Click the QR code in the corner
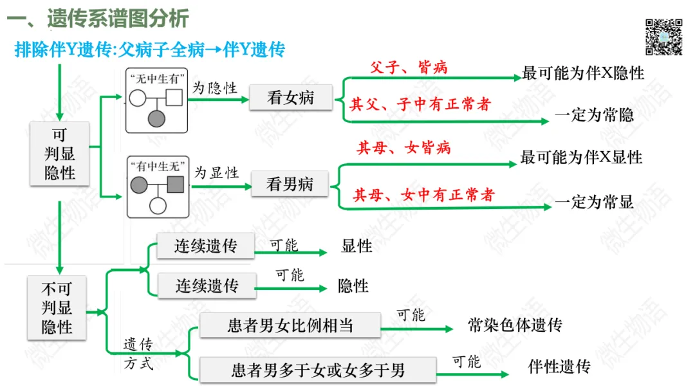click(663, 37)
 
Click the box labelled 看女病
click(290, 98)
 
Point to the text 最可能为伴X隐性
click(583, 73)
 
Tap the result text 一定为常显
click(594, 202)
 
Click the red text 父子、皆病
click(409, 68)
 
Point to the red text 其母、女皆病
click(404, 149)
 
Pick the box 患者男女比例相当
click(290, 325)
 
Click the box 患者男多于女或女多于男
click(318, 370)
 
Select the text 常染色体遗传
click(515, 325)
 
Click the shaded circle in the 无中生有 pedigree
click(156, 118)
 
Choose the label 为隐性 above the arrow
click(215, 88)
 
